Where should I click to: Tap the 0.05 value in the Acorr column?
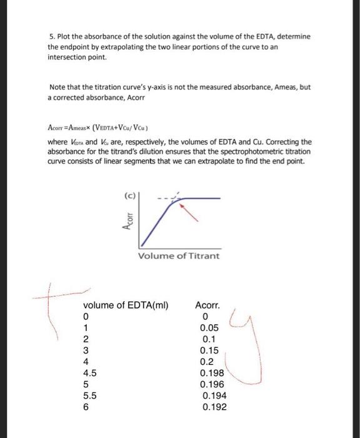pyautogui.click(x=209, y=328)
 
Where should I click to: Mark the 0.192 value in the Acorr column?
pyautogui.click(x=214, y=407)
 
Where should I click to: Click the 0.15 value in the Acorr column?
pyautogui.click(x=209, y=350)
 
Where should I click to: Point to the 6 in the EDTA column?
pyautogui.click(x=86, y=407)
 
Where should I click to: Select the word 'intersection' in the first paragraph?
pyautogui.click(x=71, y=58)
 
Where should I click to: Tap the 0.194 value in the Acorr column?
pyautogui.click(x=214, y=395)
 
